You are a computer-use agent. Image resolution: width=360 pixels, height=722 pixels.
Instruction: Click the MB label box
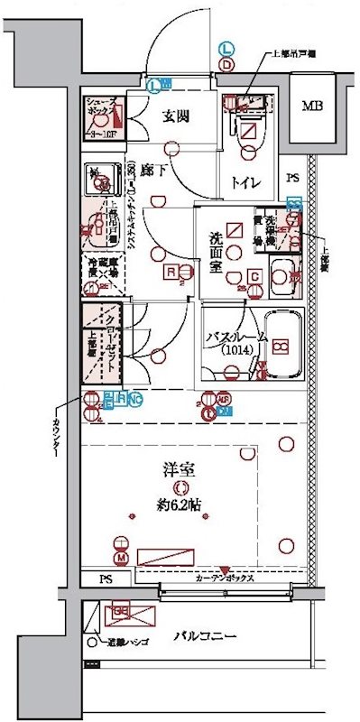(x=312, y=106)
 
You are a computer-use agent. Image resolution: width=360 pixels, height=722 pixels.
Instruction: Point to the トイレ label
(x=246, y=181)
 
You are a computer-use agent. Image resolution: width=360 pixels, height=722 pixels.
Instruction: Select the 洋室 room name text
(x=180, y=471)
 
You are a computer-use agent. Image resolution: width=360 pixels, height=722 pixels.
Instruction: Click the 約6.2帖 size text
(x=181, y=504)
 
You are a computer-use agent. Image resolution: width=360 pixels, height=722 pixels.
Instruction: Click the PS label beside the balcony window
(x=107, y=579)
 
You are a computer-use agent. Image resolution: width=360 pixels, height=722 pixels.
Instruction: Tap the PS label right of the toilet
(x=292, y=178)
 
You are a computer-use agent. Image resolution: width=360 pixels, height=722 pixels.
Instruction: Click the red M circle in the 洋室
(x=120, y=542)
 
